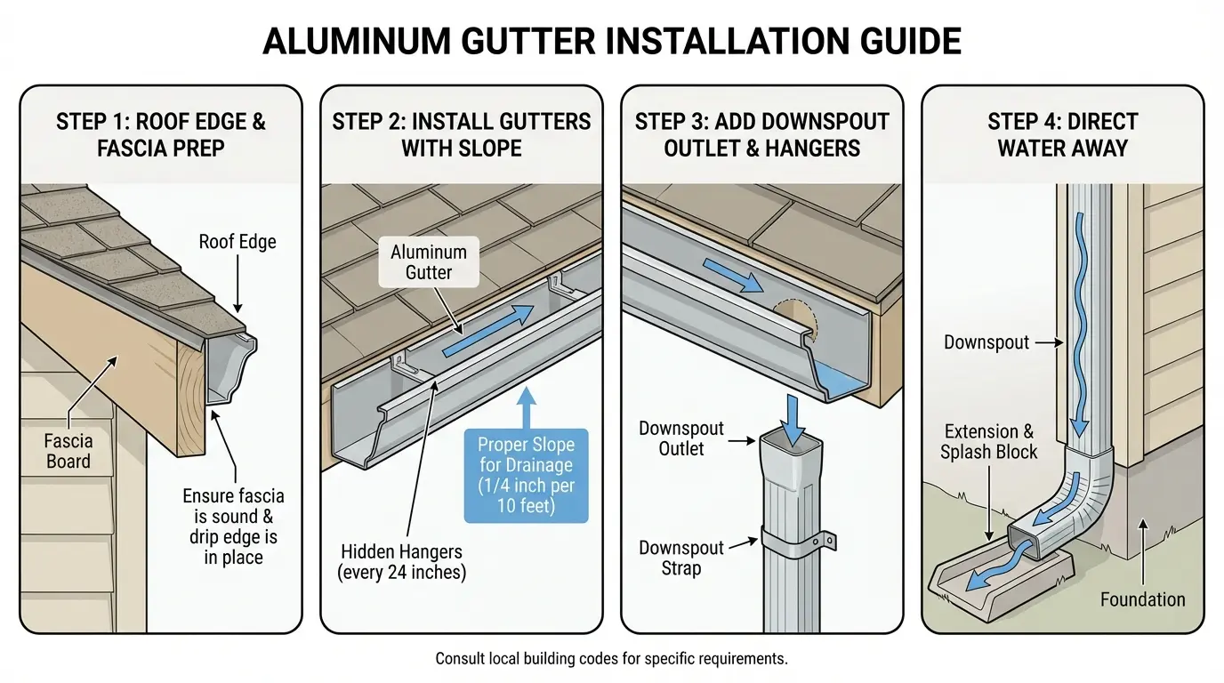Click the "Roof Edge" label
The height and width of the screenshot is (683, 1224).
[x=238, y=242]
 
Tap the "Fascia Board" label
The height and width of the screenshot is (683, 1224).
[x=68, y=451]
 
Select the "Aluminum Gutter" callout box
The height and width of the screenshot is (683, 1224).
[x=429, y=262]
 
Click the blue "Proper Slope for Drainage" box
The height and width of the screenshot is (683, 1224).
[x=527, y=476]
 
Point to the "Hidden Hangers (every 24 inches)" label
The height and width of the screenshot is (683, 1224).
[x=402, y=562]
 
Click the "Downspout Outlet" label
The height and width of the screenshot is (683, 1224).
[x=680, y=438]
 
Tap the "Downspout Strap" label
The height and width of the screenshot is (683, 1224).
[x=680, y=558]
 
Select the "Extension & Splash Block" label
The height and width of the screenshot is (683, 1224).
[x=988, y=441]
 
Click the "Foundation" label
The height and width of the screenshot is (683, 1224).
[x=1142, y=599]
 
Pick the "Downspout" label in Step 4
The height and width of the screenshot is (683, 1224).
[x=986, y=342]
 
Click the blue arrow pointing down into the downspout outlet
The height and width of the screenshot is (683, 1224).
[x=793, y=420]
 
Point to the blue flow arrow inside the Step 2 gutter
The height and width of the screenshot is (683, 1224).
[x=487, y=331]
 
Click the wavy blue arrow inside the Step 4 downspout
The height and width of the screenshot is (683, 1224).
[x=1080, y=325]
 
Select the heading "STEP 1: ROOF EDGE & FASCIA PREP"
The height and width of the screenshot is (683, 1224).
[x=161, y=135]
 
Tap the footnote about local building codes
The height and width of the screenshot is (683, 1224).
[x=611, y=658]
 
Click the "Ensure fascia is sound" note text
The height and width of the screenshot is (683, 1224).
[x=233, y=526]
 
